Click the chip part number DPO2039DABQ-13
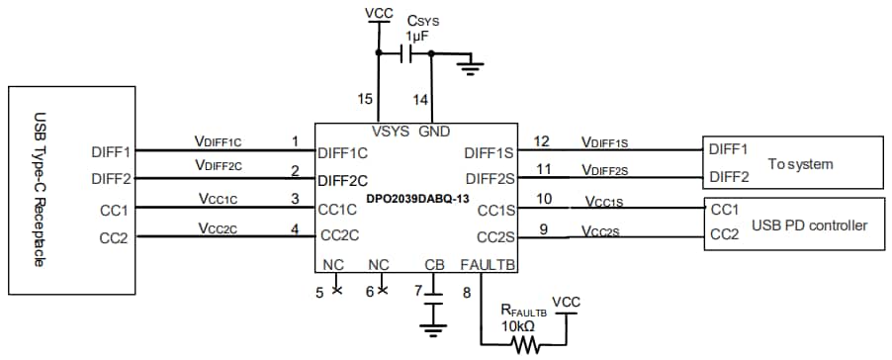click(416, 198)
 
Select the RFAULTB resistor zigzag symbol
click(522, 344)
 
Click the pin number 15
click(366, 99)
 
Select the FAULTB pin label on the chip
click(486, 265)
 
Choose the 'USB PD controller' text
click(809, 225)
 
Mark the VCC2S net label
click(600, 231)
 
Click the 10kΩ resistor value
click(519, 326)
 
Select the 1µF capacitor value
click(416, 36)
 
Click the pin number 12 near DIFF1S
click(541, 140)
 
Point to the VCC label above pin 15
click(378, 13)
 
